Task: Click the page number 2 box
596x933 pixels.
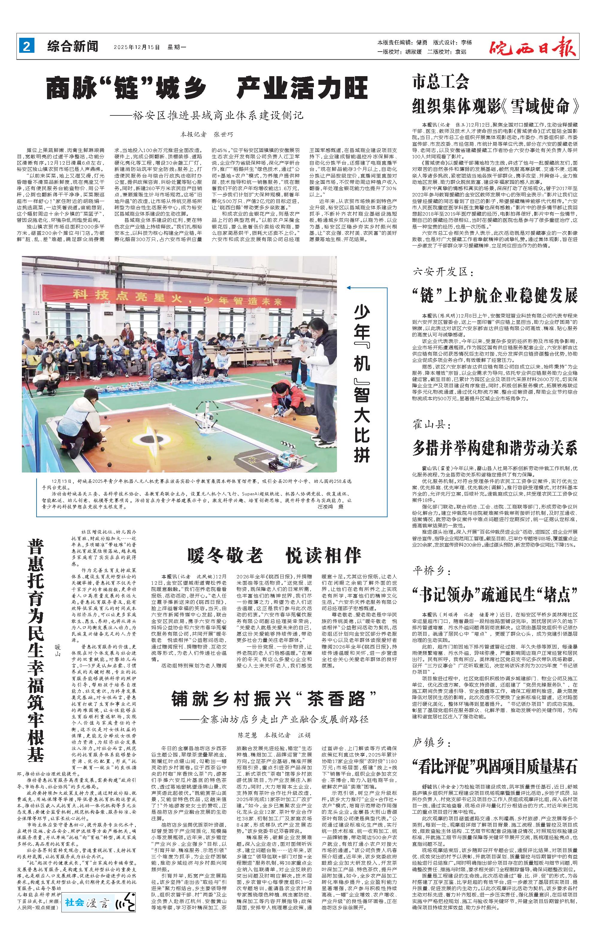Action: click(x=27, y=47)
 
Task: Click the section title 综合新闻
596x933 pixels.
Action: click(x=73, y=47)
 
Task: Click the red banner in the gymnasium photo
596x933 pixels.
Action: click(x=179, y=297)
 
